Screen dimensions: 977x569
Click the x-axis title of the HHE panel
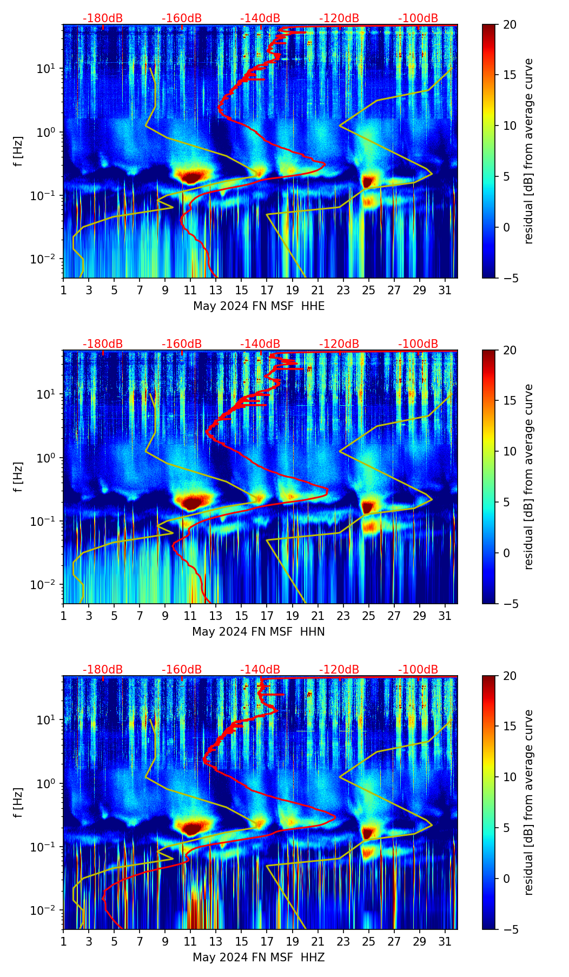pyautogui.click(x=259, y=306)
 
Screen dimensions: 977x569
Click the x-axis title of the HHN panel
pyautogui.click(x=258, y=632)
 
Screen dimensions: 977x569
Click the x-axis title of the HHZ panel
pyautogui.click(x=258, y=958)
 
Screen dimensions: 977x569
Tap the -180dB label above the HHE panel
pyautogui.click(x=103, y=18)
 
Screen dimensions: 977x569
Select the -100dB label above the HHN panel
pyautogui.click(x=418, y=344)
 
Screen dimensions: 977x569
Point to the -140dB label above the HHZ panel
pyautogui.click(x=260, y=670)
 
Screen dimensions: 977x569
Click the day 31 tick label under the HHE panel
pyautogui.click(x=445, y=291)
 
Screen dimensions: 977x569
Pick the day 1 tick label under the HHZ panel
pyautogui.click(x=63, y=942)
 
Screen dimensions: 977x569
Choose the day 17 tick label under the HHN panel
pyautogui.click(x=267, y=616)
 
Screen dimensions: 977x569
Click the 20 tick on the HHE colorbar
pyautogui.click(x=504, y=24)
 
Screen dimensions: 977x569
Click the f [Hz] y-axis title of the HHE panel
pyautogui.click(x=18, y=151)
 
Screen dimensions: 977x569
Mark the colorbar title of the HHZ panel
pyautogui.click(x=528, y=802)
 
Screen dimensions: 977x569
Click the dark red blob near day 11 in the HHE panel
pyautogui.click(x=191, y=176)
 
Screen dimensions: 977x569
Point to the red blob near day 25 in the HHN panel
pyautogui.click(x=368, y=506)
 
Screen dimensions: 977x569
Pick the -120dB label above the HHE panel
pyautogui.click(x=339, y=18)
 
